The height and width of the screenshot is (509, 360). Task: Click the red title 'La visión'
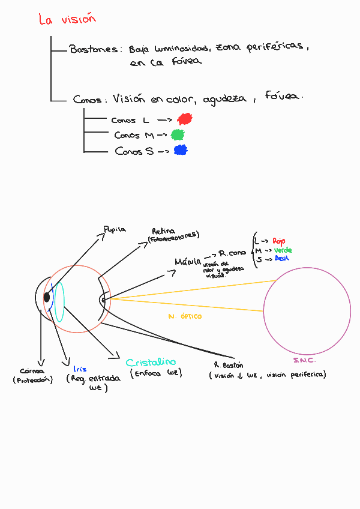tap(67, 19)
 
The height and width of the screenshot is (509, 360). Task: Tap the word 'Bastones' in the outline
tap(94, 49)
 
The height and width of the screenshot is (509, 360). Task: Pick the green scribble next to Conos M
tap(177, 134)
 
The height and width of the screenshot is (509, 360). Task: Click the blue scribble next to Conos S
tap(180, 150)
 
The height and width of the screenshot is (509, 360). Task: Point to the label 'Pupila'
tap(115, 229)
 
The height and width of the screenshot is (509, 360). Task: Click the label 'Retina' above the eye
tap(163, 231)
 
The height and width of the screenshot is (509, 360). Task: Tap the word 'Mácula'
tap(188, 262)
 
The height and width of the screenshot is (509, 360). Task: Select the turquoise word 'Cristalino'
tap(151, 362)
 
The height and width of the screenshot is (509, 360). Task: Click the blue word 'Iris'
tap(79, 369)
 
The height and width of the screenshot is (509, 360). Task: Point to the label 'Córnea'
tap(32, 370)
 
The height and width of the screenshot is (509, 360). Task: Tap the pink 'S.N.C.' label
tap(304, 360)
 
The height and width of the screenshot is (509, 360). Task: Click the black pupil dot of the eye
tap(47, 298)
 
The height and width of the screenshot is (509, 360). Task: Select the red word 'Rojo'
tap(278, 241)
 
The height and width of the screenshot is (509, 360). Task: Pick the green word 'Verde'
tap(283, 250)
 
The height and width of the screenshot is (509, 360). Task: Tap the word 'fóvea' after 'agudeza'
tap(284, 97)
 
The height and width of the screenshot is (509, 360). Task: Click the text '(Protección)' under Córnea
tap(32, 380)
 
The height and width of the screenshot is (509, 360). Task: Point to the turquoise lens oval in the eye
tap(59, 298)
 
